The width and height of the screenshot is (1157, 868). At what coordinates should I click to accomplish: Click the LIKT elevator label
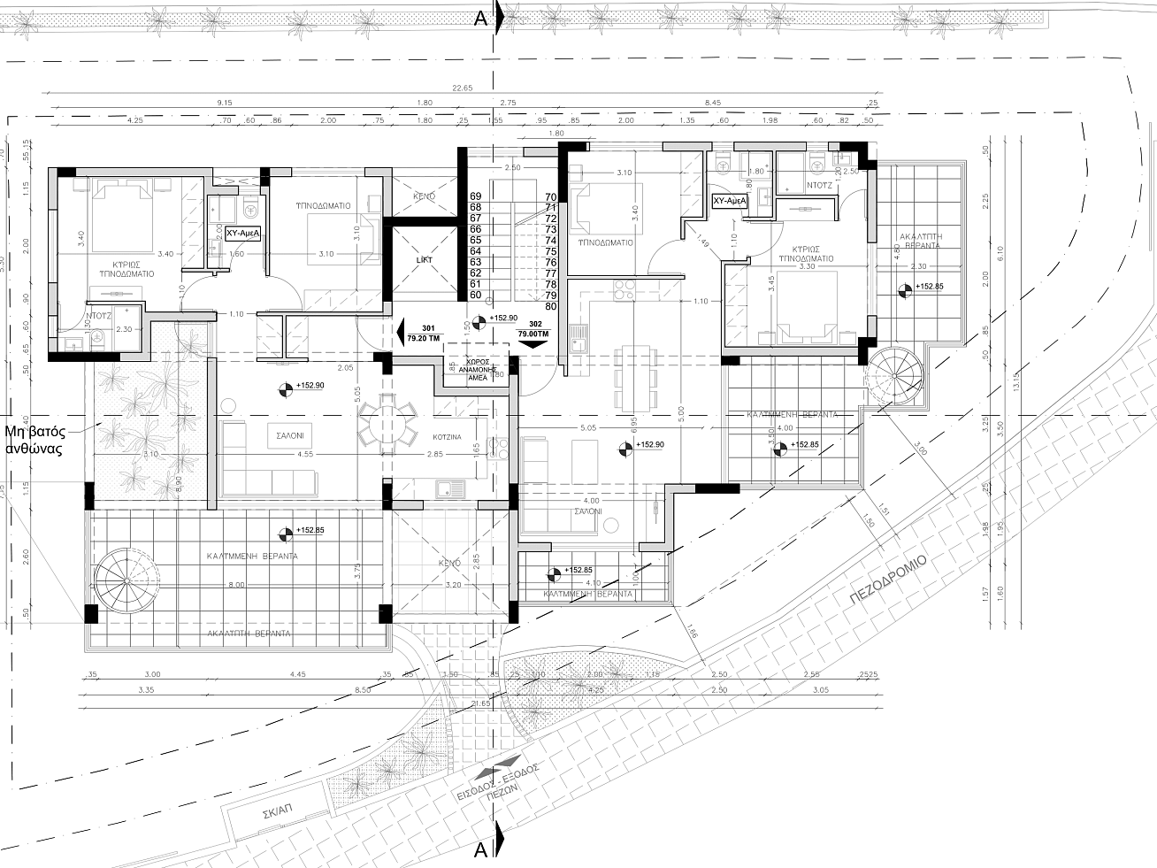click(x=424, y=259)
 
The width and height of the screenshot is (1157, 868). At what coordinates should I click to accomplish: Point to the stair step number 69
click(x=475, y=196)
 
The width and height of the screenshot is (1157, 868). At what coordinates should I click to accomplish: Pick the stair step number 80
click(x=551, y=306)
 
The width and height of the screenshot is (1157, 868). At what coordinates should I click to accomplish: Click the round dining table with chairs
click(x=387, y=424)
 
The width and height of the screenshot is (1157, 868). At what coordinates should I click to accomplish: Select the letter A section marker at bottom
click(x=481, y=850)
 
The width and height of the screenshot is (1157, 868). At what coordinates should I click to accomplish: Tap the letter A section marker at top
click(x=479, y=17)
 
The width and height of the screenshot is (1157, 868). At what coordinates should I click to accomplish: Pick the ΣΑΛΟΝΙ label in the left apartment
click(x=287, y=435)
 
